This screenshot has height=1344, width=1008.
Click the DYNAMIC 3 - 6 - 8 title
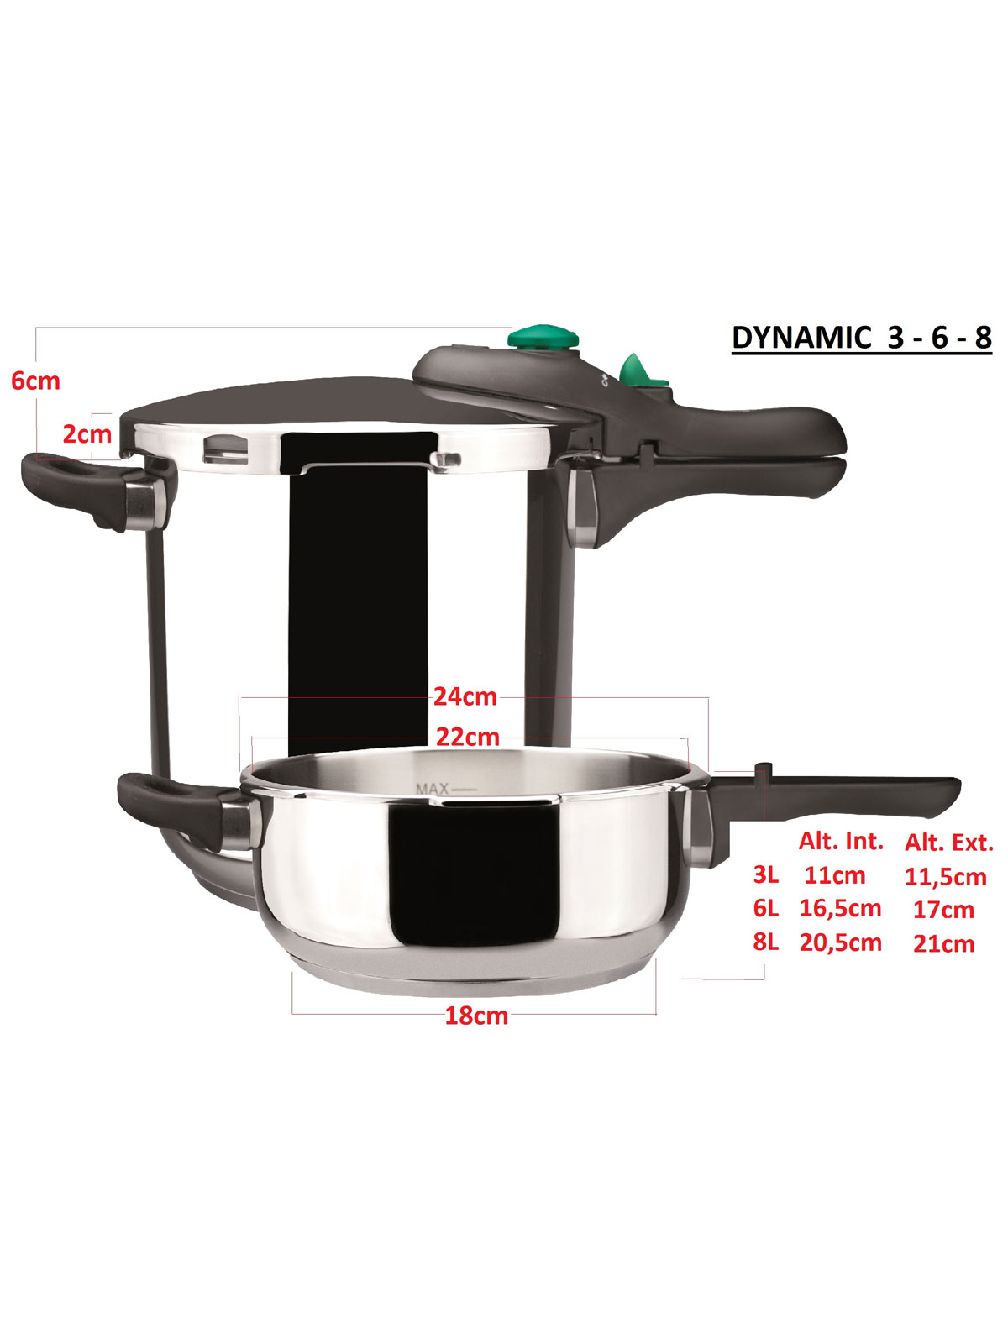click(x=861, y=338)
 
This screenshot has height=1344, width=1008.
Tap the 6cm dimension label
click(x=35, y=381)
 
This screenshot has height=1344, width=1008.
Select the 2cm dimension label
click(x=87, y=434)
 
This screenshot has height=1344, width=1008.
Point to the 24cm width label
click(x=465, y=697)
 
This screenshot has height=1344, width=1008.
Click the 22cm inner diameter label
click(x=468, y=737)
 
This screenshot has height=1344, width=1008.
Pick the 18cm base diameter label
click(x=476, y=1016)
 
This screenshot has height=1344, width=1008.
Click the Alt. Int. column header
click(x=841, y=842)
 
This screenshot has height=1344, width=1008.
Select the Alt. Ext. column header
click(x=948, y=843)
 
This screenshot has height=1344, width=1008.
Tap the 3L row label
click(x=765, y=875)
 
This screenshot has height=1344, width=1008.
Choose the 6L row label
click(x=765, y=909)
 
